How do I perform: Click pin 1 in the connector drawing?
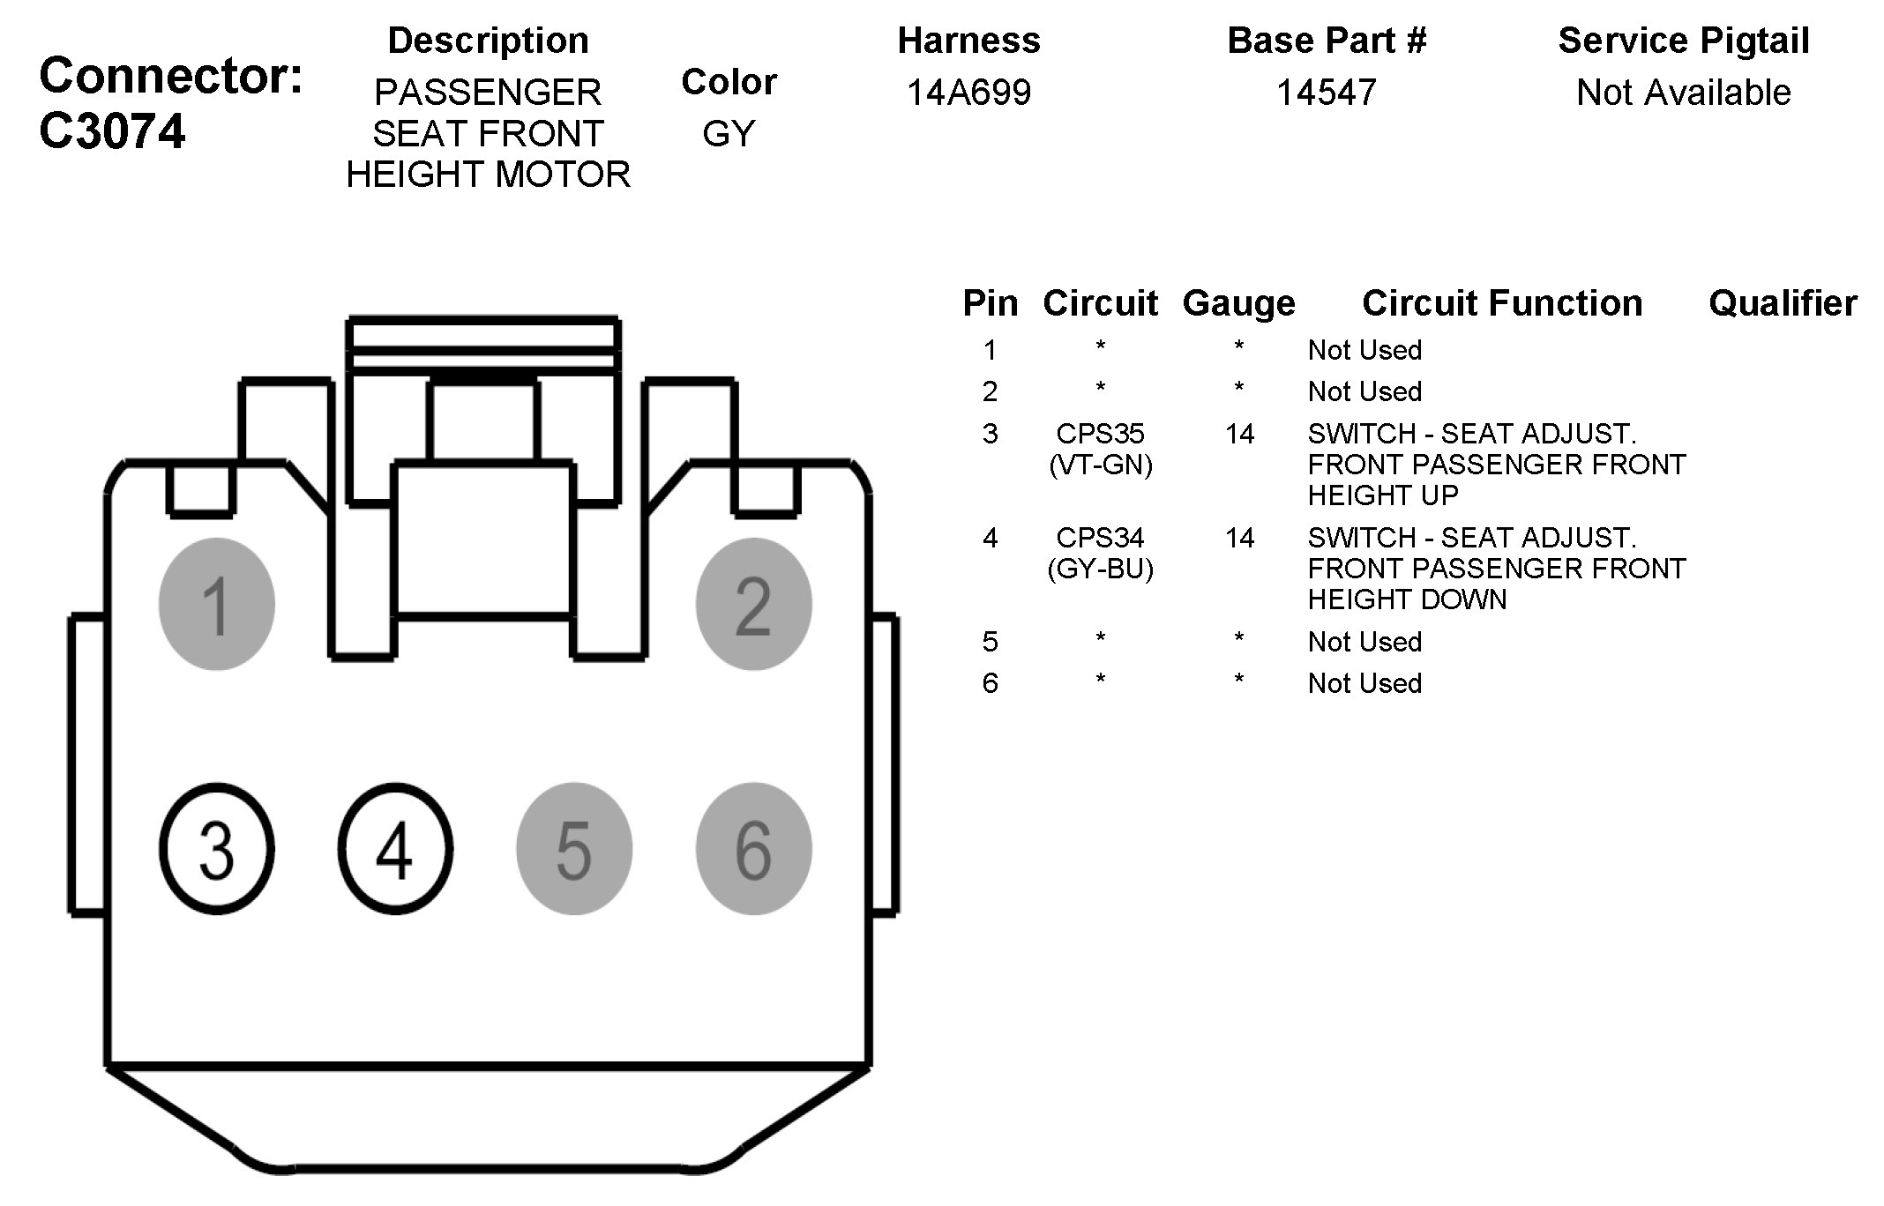tap(216, 605)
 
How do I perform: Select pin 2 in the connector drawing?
tap(753, 605)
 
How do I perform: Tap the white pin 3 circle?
tap(217, 849)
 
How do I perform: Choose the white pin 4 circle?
tap(395, 849)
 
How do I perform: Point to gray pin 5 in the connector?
tap(574, 849)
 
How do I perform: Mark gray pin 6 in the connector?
tap(753, 849)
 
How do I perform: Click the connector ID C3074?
tap(112, 132)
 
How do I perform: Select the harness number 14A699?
tap(968, 93)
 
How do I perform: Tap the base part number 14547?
tap(1326, 93)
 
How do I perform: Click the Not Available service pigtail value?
tap(1683, 93)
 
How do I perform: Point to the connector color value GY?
tap(729, 134)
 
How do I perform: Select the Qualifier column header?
tap(1783, 303)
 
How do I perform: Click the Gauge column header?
tap(1238, 303)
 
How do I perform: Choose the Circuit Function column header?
tap(1501, 303)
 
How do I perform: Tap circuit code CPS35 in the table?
tap(1100, 434)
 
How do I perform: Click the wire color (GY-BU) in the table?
tap(1100, 569)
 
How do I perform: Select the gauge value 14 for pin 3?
tap(1239, 434)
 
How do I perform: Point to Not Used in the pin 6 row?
tap(1364, 683)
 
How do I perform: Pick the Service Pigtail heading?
tap(1683, 41)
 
